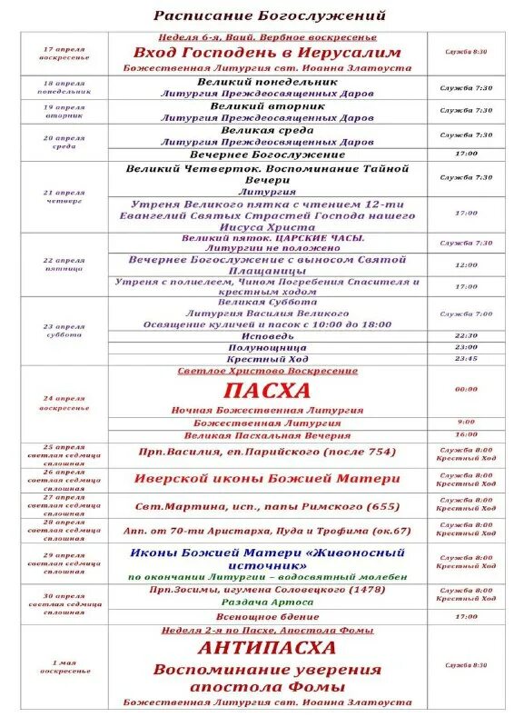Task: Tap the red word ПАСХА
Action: (267, 391)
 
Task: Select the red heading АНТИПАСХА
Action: (267, 648)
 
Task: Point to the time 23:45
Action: (466, 359)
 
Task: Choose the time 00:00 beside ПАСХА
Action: (466, 389)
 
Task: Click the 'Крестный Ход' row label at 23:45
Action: (267, 360)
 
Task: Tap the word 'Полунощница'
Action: (267, 347)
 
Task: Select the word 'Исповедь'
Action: (267, 335)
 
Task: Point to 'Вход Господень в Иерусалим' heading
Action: (267, 53)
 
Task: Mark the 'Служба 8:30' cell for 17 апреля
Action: (466, 52)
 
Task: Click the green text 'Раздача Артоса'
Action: (267, 602)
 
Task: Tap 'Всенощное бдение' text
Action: (267, 616)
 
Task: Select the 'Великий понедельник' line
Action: (267, 82)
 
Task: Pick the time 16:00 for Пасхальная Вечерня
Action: (466, 435)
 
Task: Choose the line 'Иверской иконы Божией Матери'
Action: (267, 479)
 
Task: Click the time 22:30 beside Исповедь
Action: (466, 335)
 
